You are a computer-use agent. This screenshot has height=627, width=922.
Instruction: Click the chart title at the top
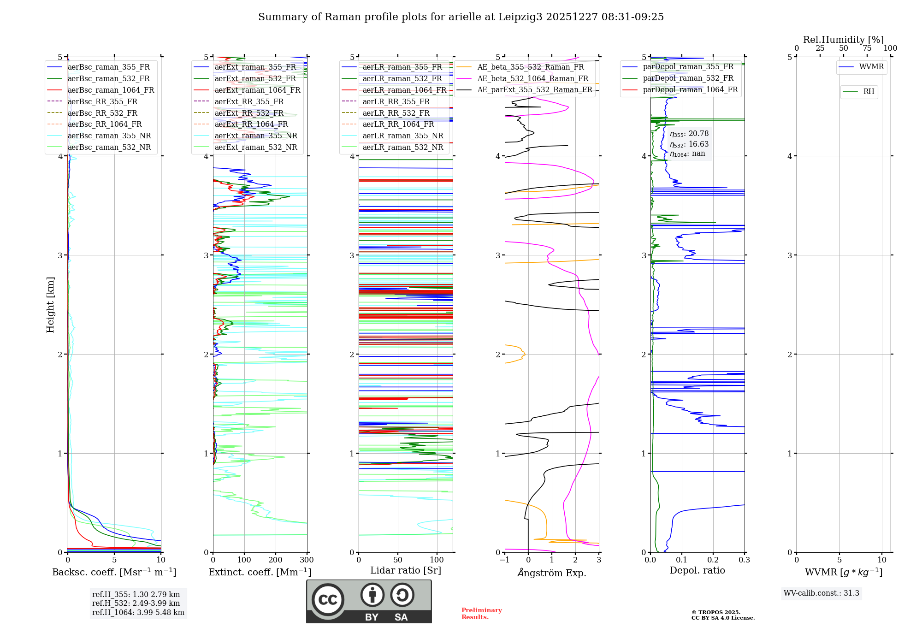coord(461,17)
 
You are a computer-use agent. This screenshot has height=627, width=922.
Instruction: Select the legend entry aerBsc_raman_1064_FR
coord(111,90)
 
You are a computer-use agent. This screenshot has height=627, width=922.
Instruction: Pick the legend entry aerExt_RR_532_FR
coord(249,113)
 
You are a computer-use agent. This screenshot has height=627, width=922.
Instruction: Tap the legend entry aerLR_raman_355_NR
coord(402,136)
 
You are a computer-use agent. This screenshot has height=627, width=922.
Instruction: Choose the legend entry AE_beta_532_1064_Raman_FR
coord(532,78)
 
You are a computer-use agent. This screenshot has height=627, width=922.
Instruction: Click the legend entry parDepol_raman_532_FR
coord(688,78)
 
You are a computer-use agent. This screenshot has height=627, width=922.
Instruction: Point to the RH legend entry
coord(869,92)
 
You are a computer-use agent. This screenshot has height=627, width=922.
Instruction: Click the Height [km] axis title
coord(50,305)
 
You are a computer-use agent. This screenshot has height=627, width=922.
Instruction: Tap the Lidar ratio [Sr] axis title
coord(406,570)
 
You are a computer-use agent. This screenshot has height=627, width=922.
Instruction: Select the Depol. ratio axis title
coord(697,570)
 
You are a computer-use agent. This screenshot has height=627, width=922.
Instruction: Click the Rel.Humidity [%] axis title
coord(843,40)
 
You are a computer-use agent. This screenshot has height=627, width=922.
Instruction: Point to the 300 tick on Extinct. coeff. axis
coord(307,560)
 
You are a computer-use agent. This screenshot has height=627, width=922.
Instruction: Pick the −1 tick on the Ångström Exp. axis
coord(505,560)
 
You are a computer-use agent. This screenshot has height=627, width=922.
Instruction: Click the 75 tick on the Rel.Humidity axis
coord(867,48)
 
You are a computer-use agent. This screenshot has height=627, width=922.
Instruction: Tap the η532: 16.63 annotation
coord(689,144)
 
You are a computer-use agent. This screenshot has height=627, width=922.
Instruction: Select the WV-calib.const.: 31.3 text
coord(821,593)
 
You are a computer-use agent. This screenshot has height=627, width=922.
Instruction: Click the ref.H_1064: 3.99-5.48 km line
coord(138,612)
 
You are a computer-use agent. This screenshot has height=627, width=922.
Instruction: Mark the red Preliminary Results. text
coord(481,613)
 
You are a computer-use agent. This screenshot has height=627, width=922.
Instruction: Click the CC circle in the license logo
coord(328,599)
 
